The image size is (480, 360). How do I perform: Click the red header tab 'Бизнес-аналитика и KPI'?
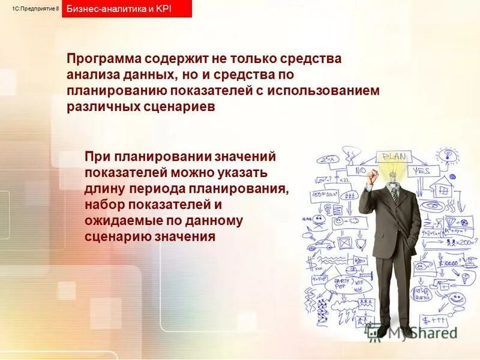126,9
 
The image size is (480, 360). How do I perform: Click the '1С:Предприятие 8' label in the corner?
35,8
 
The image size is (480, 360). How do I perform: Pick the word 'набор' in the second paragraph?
103,205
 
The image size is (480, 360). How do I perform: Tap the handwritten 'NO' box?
361,171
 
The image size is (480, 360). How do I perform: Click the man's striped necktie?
394,193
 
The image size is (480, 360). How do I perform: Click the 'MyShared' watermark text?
420,332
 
